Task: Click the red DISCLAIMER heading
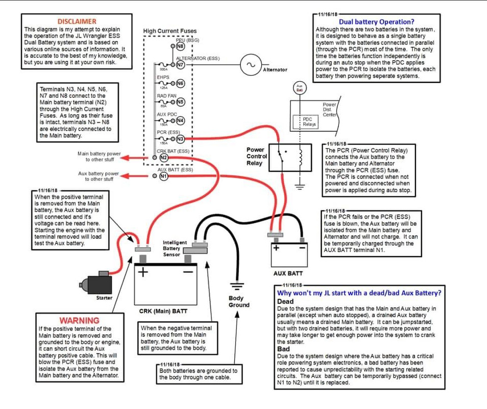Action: tap(77, 21)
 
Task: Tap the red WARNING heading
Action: tap(79, 320)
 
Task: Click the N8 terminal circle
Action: tap(180, 47)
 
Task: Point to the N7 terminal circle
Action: tap(180, 64)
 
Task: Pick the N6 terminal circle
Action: tap(180, 83)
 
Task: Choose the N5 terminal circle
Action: tap(180, 102)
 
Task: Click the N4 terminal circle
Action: tap(180, 121)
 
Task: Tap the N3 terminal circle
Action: tap(180, 139)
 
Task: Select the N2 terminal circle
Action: tap(164, 157)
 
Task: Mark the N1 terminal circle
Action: tap(164, 176)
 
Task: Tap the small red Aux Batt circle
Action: tap(300, 87)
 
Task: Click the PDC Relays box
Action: tap(309, 121)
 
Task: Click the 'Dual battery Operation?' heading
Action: tap(376, 22)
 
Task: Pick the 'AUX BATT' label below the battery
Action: tap(288, 274)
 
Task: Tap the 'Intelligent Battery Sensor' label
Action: tap(175, 248)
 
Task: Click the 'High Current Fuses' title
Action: tap(169, 31)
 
